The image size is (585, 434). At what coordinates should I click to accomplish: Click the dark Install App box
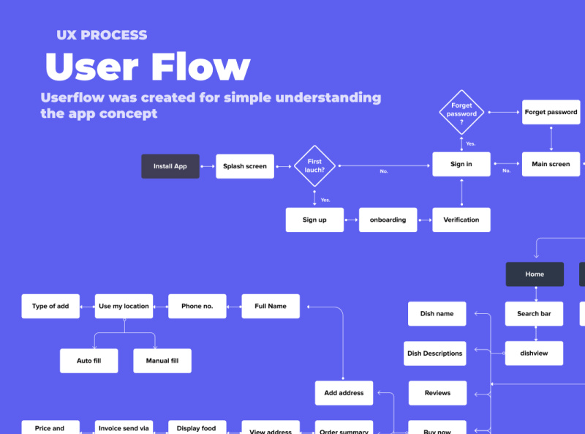point(170,166)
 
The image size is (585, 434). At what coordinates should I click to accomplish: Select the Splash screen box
point(245,166)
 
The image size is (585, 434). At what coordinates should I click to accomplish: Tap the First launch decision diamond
point(314,166)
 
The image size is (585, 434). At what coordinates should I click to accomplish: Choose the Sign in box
point(461,165)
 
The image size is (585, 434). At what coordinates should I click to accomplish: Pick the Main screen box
point(551,165)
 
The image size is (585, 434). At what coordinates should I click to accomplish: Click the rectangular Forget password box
point(551,113)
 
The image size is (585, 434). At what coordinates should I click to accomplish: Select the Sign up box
point(314,220)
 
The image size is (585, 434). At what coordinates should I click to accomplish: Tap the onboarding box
point(388,220)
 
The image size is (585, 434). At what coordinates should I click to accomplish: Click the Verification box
point(461,220)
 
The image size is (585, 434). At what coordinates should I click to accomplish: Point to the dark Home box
point(535,274)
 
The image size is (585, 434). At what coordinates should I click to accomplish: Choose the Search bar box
point(535,314)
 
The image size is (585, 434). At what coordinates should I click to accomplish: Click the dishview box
point(535,353)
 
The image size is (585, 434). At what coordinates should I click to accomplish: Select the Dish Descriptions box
point(435,353)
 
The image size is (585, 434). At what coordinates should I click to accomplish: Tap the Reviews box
point(437,393)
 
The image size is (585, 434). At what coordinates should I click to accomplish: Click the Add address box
point(344,393)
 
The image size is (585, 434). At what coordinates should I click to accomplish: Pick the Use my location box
point(124,306)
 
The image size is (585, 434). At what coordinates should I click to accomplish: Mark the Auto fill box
point(88,361)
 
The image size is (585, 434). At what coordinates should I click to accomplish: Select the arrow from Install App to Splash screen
point(208,166)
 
